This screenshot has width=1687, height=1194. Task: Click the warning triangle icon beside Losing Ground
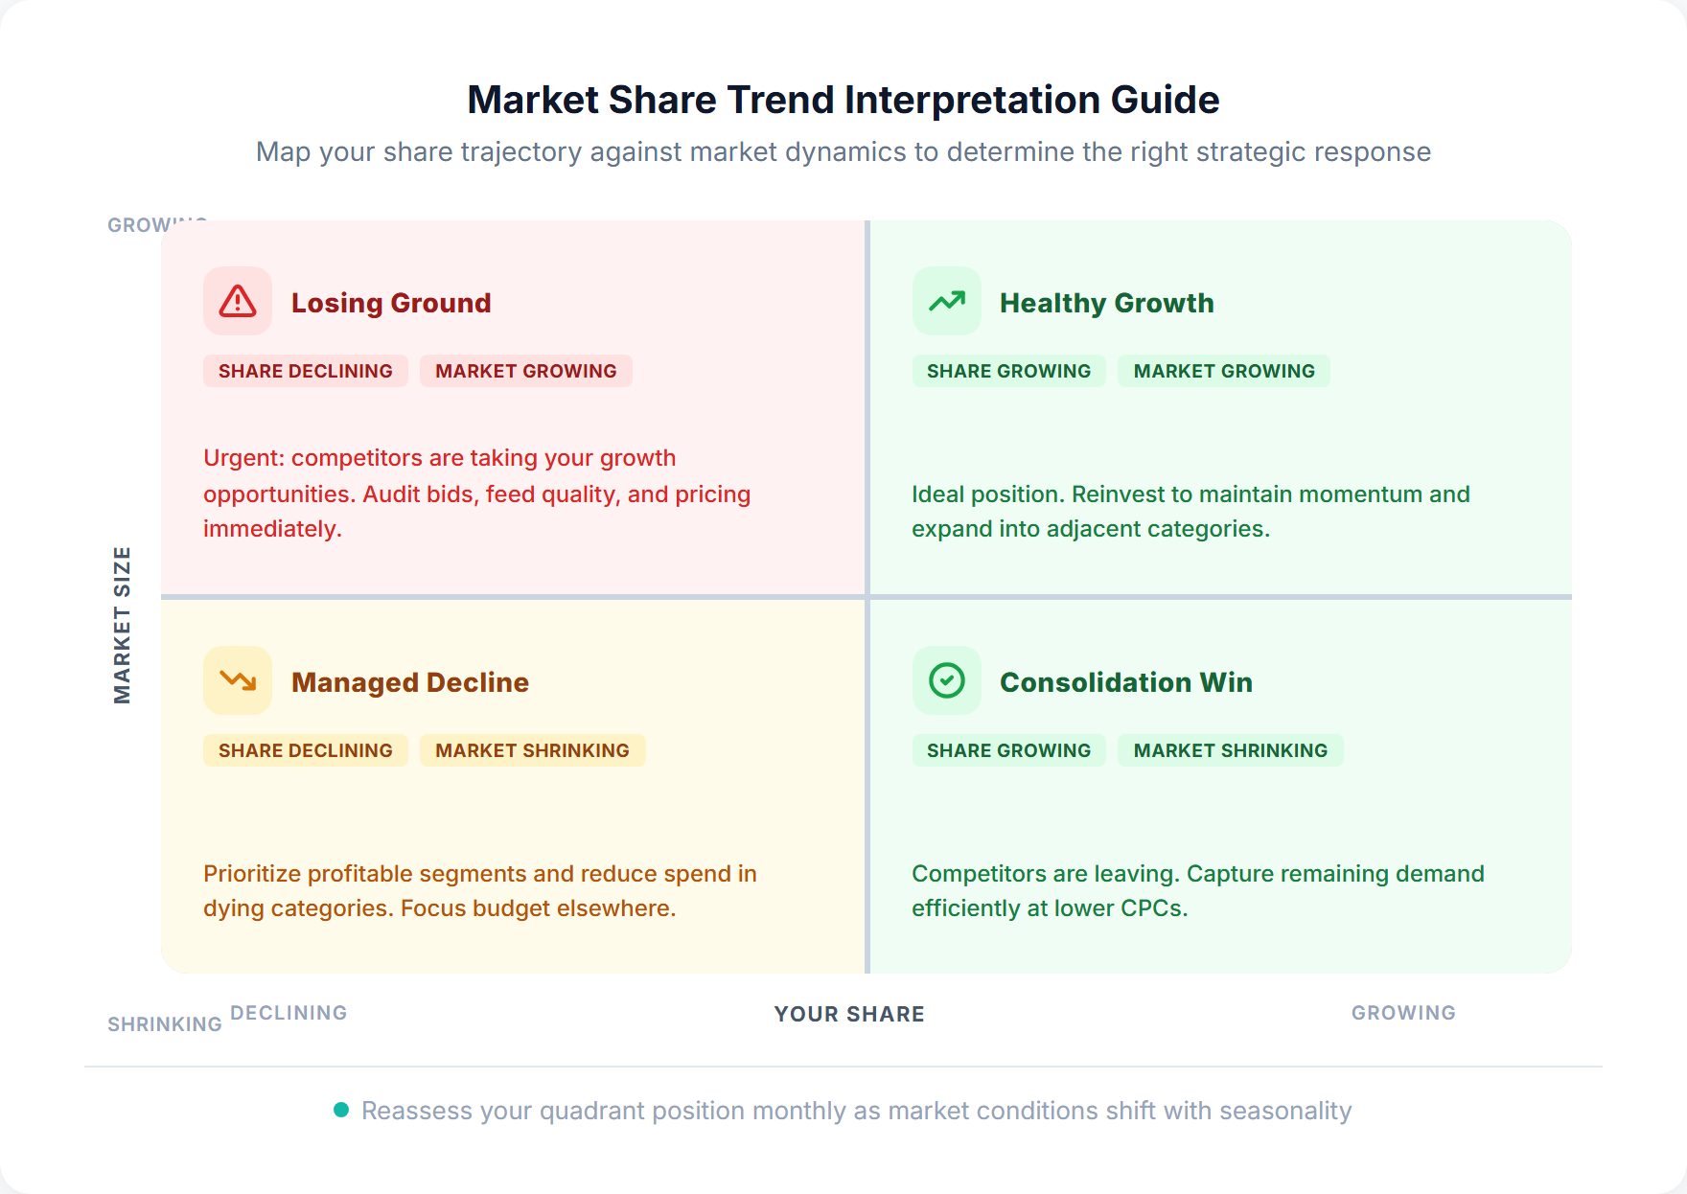(238, 301)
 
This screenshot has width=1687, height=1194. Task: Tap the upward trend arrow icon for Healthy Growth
(946, 301)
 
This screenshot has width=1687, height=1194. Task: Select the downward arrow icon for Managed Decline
(238, 680)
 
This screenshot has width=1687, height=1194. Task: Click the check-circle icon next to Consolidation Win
(946, 680)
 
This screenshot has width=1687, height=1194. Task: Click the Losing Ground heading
(391, 303)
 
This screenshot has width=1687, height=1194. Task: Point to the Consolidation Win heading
(1125, 682)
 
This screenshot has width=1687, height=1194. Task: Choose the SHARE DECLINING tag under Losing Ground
(305, 371)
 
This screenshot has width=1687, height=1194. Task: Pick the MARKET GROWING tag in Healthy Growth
(1223, 371)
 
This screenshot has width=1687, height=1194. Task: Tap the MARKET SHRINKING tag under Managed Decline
(532, 750)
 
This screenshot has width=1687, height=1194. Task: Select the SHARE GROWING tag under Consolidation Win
(1008, 750)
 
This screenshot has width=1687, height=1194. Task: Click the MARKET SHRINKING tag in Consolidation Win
(1230, 750)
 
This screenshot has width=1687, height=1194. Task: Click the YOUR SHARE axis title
(849, 1014)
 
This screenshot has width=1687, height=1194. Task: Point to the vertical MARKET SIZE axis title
(122, 625)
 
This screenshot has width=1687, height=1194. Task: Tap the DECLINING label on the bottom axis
(289, 1013)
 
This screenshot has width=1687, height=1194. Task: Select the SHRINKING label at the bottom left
(164, 1024)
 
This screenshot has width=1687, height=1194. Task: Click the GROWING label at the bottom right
(1402, 1013)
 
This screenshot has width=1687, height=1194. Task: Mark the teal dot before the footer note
(340, 1110)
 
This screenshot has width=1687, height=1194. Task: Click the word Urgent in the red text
(243, 458)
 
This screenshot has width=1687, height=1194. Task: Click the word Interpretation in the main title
(973, 100)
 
